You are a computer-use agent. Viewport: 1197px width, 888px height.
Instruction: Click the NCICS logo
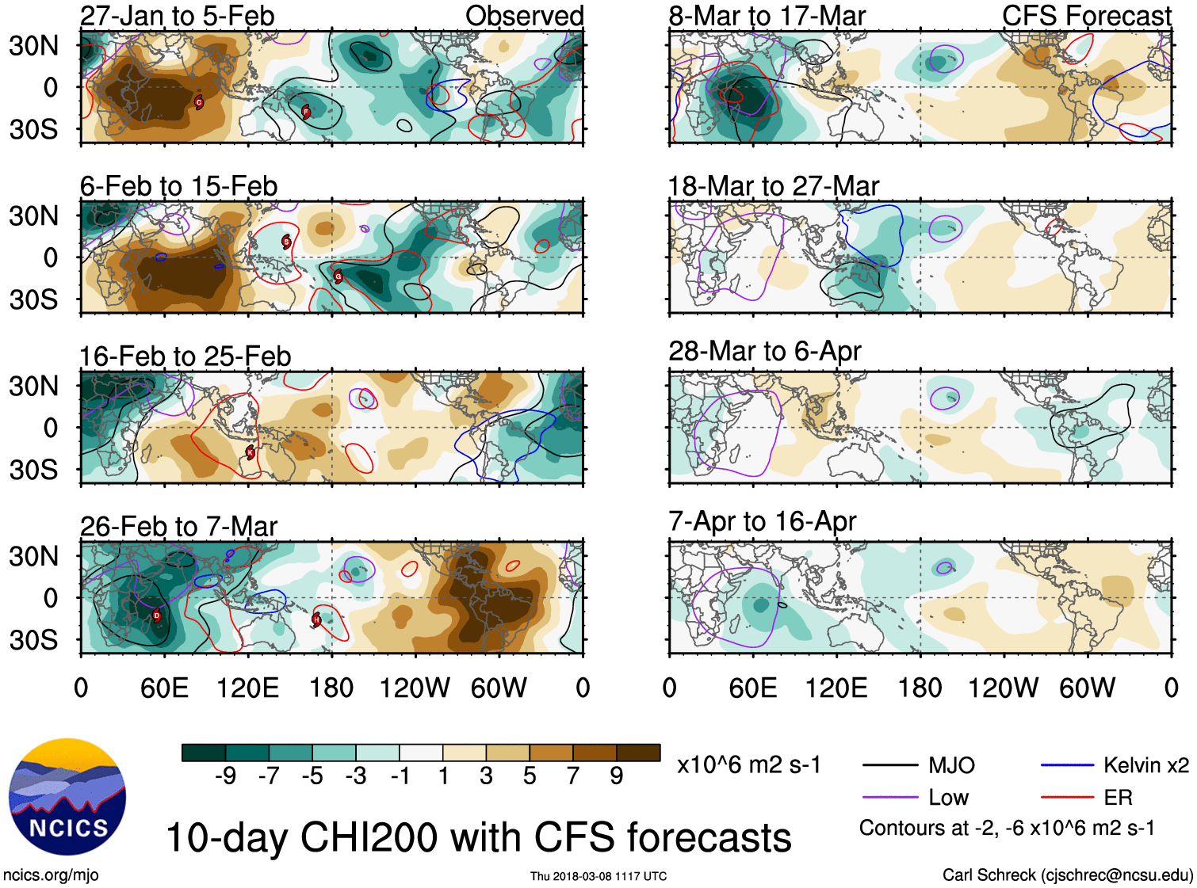click(67, 796)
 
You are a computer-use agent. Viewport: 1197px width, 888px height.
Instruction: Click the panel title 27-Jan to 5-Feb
click(177, 16)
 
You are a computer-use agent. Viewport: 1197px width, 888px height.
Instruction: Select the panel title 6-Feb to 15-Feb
click(178, 186)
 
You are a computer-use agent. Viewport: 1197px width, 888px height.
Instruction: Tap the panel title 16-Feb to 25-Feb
click(185, 356)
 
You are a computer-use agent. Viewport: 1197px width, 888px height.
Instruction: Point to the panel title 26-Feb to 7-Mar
click(178, 526)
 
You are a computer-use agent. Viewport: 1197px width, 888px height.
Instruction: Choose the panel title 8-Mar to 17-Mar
click(767, 16)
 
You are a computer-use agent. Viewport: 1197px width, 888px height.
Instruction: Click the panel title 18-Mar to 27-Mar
click(773, 186)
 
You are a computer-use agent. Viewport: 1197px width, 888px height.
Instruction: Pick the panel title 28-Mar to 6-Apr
click(764, 351)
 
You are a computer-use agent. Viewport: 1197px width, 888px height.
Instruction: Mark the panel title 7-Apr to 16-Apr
click(762, 521)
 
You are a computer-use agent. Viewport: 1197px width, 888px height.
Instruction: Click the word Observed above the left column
click(524, 16)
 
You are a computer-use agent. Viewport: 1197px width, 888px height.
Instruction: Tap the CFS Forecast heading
click(1086, 16)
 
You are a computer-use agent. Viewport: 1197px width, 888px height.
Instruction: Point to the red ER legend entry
click(1118, 797)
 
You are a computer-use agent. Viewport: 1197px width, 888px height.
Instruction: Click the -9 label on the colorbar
click(225, 776)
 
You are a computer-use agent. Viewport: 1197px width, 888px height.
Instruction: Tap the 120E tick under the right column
click(836, 688)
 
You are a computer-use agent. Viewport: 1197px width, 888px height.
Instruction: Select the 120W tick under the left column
click(415, 688)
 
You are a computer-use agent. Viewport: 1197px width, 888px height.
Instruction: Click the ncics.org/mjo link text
click(51, 875)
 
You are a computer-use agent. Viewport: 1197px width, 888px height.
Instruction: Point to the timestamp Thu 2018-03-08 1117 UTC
click(598, 876)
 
